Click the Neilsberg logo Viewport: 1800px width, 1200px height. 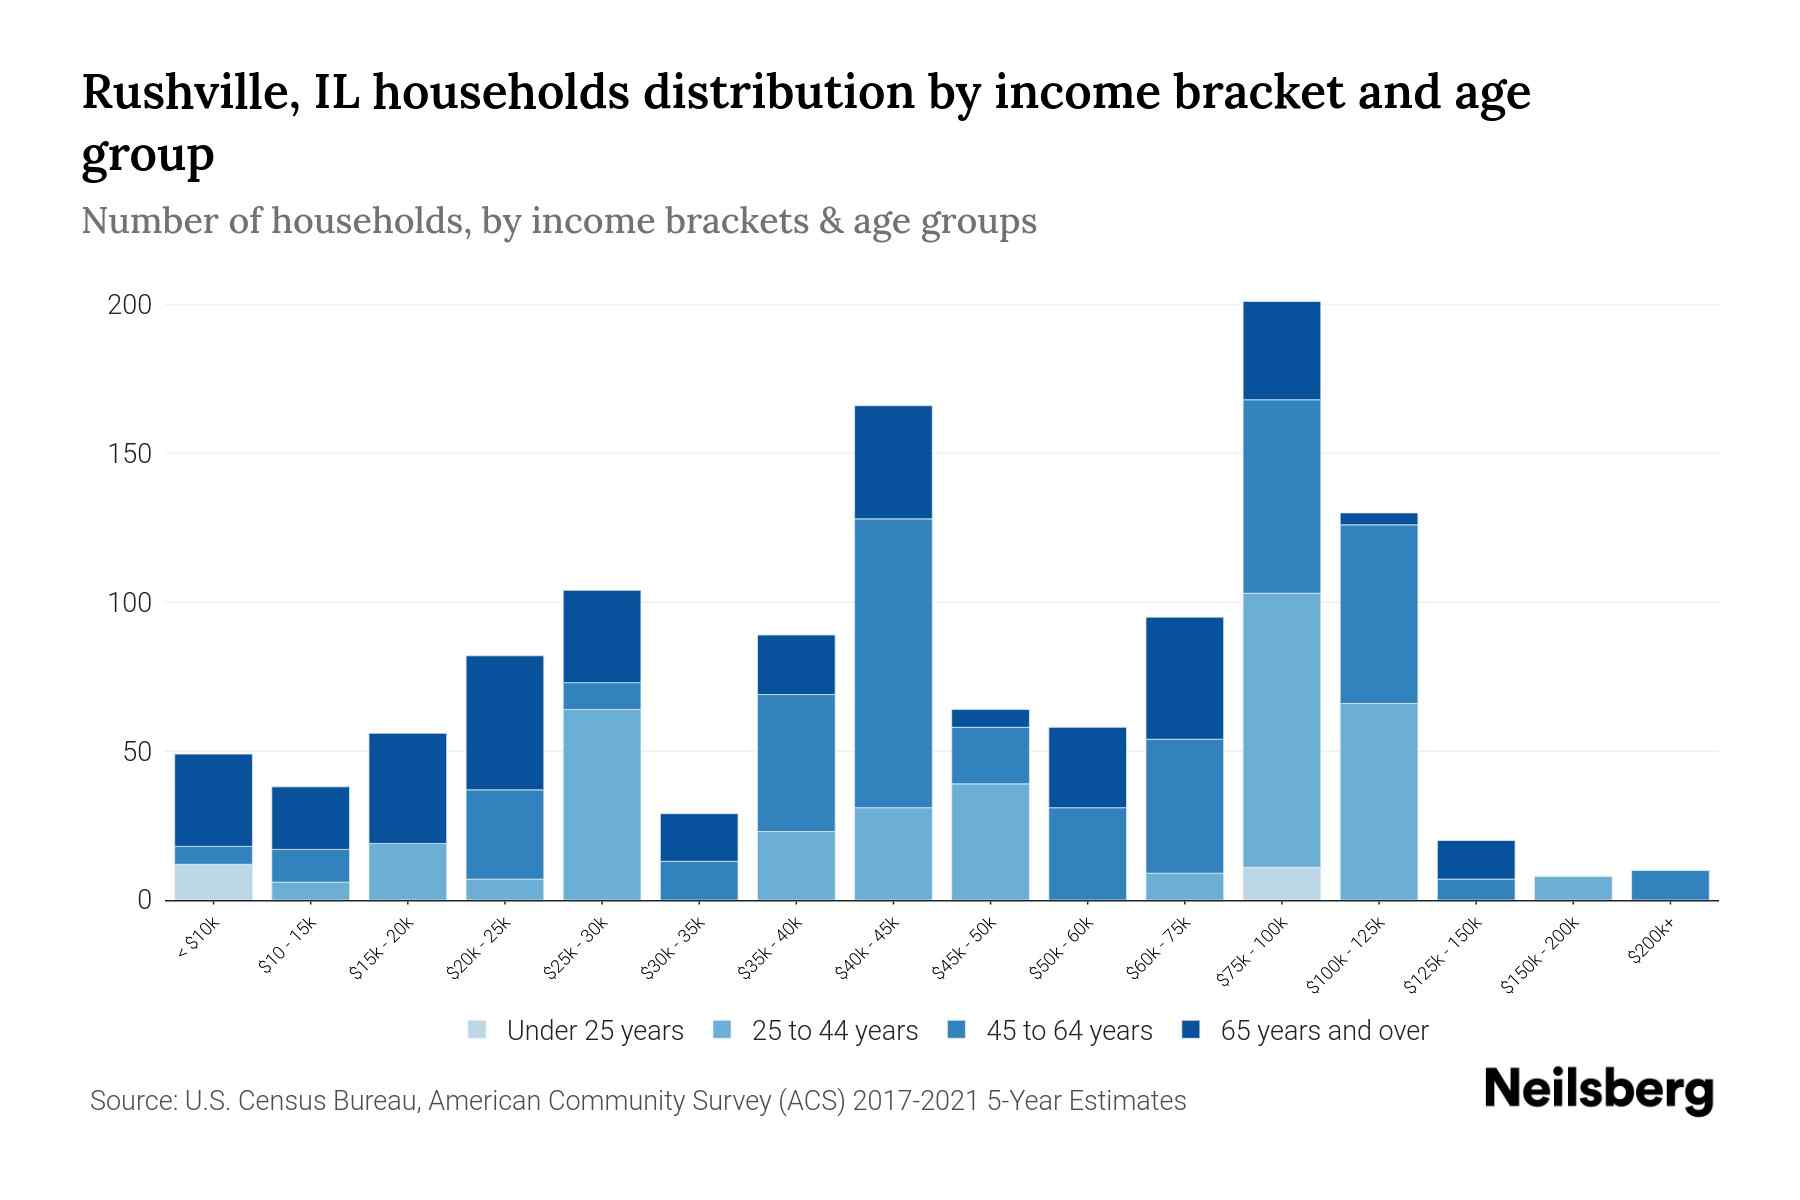(1598, 1090)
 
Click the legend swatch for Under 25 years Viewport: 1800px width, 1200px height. (478, 1030)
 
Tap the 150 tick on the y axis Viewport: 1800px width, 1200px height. (130, 454)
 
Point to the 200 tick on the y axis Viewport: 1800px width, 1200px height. (130, 305)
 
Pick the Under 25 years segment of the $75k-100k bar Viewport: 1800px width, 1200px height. (1282, 883)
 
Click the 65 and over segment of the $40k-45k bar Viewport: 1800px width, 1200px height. (893, 462)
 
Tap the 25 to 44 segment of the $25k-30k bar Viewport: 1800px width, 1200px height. (602, 804)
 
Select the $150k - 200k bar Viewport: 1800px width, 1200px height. (1573, 888)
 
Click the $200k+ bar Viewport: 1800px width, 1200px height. (1670, 885)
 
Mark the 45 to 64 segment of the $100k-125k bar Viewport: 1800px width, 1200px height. (1379, 614)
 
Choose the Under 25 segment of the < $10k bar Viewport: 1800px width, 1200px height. (213, 882)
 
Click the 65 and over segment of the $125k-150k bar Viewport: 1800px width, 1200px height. (1476, 859)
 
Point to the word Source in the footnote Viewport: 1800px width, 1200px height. (130, 1101)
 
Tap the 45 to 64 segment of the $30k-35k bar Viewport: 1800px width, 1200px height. (699, 880)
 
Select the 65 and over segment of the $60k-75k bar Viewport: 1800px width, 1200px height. (1184, 678)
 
